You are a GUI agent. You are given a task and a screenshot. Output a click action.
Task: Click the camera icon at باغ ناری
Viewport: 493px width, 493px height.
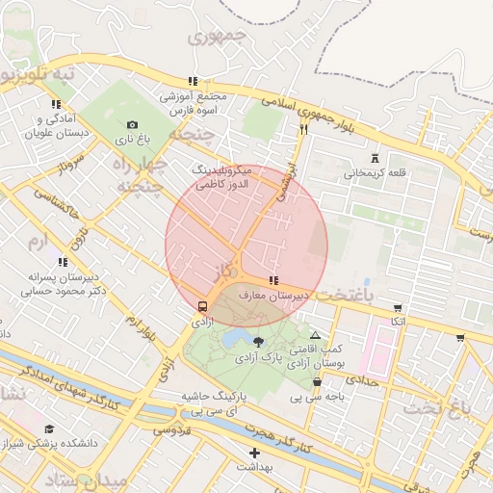(132, 124)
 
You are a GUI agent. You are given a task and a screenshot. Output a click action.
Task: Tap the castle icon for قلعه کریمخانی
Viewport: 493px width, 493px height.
(375, 159)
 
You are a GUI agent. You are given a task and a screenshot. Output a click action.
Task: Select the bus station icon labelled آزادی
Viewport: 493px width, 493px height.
(202, 306)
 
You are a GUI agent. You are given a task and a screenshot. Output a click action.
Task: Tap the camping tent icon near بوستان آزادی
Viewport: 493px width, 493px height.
(315, 335)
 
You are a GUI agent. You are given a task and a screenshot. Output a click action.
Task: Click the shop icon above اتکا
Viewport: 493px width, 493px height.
(398, 308)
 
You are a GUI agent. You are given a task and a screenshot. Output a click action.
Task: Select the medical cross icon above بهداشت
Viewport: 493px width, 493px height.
(254, 453)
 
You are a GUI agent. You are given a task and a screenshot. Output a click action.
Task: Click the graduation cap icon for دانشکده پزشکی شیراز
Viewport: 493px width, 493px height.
(49, 428)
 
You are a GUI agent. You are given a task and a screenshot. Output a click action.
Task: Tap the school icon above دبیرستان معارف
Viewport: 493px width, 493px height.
(274, 280)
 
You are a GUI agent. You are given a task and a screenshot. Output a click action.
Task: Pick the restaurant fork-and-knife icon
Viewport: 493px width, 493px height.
(303, 128)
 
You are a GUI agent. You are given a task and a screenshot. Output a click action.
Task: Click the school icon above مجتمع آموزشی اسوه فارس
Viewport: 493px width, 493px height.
(193, 82)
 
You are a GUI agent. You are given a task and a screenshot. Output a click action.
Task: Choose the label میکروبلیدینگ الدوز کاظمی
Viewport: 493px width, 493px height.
(222, 175)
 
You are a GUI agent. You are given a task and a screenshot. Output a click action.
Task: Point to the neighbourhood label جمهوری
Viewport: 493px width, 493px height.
(218, 39)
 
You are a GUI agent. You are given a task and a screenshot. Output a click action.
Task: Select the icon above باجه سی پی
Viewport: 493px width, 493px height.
(317, 382)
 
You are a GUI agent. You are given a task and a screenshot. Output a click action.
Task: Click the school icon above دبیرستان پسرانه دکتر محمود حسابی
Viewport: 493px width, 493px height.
(63, 261)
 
